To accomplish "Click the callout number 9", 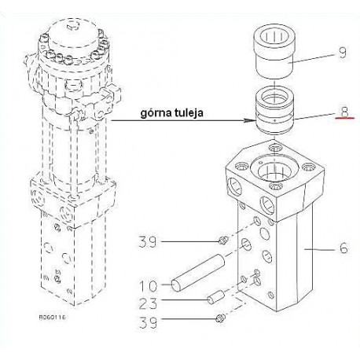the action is click(343, 53).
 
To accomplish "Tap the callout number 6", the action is click(343, 248).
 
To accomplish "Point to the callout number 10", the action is click(148, 285).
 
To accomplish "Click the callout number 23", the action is click(148, 303).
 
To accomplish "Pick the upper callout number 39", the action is click(148, 241).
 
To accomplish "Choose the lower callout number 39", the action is click(148, 322).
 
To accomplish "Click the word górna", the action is click(156, 113).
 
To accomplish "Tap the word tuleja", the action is click(188, 112).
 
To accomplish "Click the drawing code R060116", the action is click(52, 318).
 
